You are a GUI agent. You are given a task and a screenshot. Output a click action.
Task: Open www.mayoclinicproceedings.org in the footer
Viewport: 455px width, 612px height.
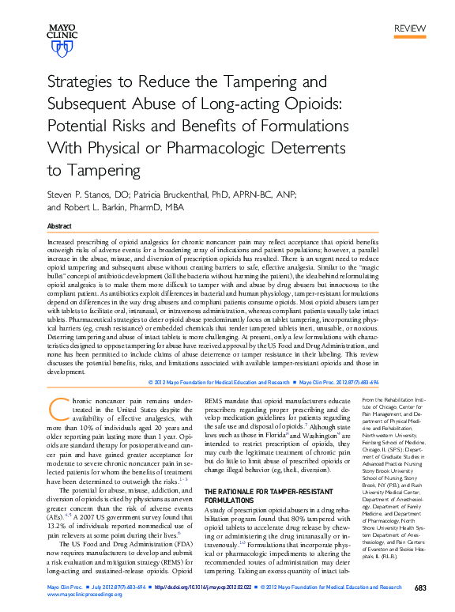[x=85, y=597]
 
